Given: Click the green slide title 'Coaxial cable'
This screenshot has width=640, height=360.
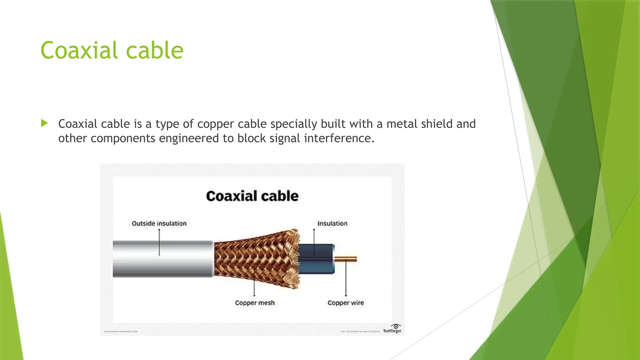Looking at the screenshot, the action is point(112,50).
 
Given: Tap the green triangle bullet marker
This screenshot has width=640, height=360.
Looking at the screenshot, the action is point(44,123).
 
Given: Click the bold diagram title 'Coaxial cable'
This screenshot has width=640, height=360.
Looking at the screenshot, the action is point(252,196).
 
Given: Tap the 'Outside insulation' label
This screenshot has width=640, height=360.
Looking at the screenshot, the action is point(159,223).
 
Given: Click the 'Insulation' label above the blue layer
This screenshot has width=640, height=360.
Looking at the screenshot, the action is point(332,223).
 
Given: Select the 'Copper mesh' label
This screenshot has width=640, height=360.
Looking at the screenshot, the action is point(255,303).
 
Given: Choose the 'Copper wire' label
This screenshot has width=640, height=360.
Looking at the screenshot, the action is point(346,303).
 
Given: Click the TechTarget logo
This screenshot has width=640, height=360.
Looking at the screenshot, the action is point(392,329).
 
